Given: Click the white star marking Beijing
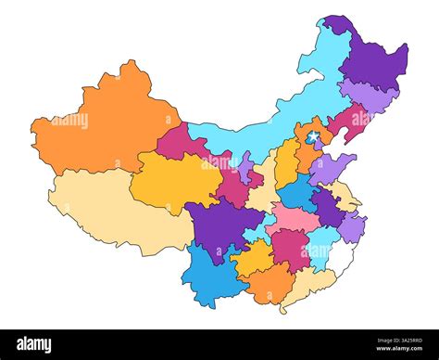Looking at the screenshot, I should tap(313, 137).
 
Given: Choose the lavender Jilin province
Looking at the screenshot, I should tap(370, 96).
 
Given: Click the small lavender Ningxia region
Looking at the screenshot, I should tap(245, 170).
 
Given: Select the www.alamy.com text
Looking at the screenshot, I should tap(390, 351).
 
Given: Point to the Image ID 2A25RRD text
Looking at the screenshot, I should tap(390, 339).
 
